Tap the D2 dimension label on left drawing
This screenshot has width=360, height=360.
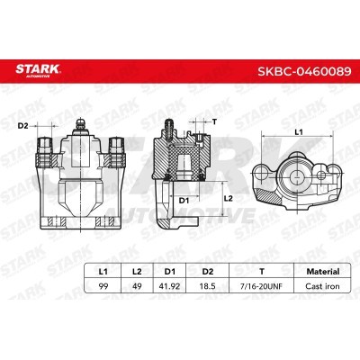coord(23,125)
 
